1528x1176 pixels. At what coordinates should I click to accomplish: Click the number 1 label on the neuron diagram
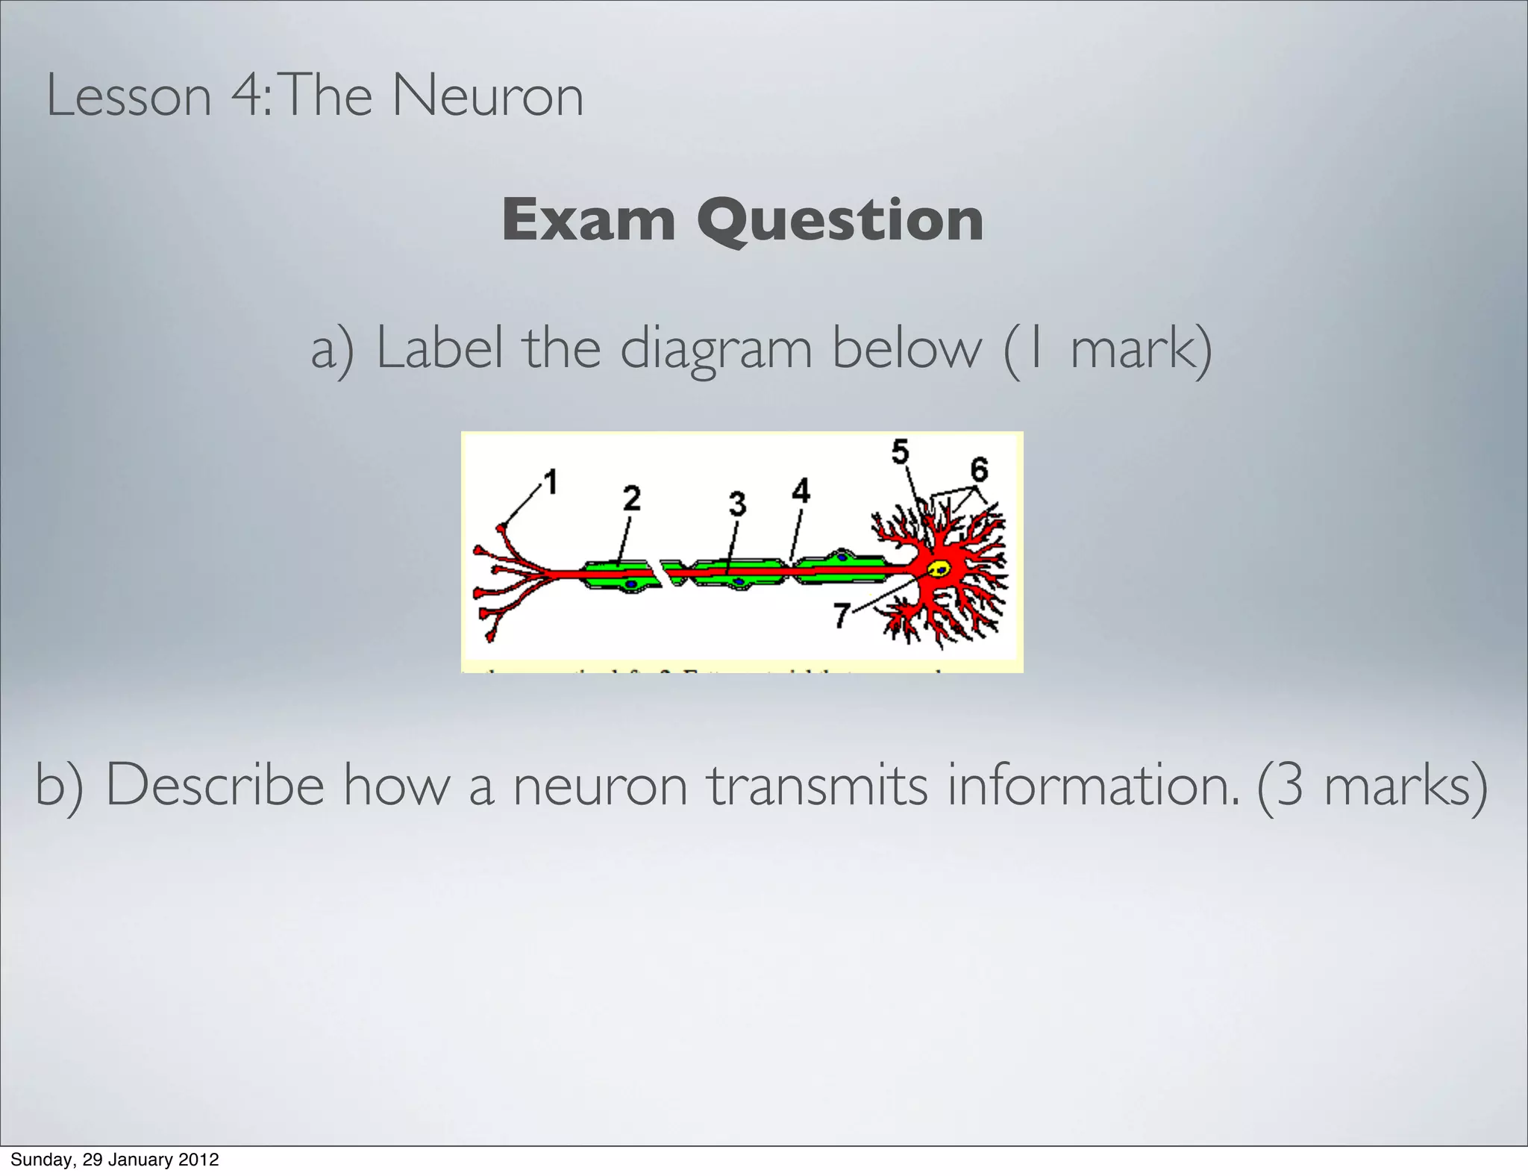[x=551, y=482]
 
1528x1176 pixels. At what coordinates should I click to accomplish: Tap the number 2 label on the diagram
[x=632, y=498]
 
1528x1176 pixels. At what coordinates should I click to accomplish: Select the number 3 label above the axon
[x=737, y=504]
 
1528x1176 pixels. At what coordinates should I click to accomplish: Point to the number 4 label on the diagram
[x=801, y=491]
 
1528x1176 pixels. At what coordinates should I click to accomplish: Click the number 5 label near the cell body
[x=901, y=451]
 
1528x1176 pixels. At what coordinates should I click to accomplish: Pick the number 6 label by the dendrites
[x=979, y=469]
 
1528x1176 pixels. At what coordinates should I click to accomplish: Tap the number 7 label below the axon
[x=842, y=616]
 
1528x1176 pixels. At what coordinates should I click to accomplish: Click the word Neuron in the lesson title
[x=487, y=96]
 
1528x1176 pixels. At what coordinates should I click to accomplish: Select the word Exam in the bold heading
[x=588, y=220]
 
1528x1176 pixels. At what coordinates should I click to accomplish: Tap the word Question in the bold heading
[x=840, y=222]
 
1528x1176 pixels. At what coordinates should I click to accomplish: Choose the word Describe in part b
[x=215, y=786]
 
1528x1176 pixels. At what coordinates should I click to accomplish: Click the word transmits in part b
[x=818, y=786]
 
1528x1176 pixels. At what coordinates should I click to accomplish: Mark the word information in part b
[x=1094, y=786]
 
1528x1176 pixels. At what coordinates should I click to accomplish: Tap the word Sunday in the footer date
[x=37, y=1160]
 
